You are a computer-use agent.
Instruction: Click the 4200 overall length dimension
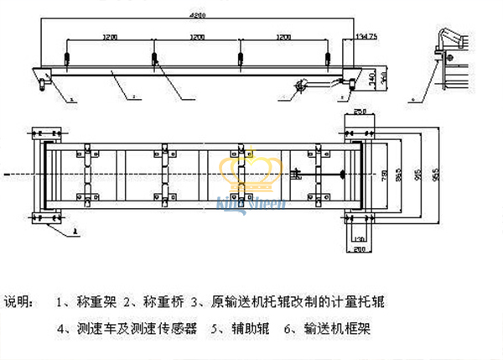point(197,16)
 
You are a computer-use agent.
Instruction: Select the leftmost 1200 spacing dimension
point(110,38)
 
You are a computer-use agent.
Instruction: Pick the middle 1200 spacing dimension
point(197,38)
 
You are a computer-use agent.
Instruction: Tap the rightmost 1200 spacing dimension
point(284,38)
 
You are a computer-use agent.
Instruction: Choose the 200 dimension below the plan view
point(360,249)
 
